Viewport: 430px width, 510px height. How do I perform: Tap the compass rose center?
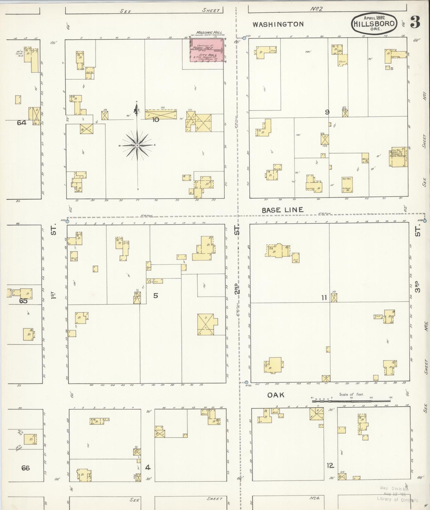[137, 146]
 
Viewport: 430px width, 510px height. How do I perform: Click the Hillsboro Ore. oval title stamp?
[374, 24]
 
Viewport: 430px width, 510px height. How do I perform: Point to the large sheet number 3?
[415, 22]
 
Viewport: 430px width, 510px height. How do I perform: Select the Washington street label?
[278, 24]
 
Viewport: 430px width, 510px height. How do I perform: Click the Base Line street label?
[282, 210]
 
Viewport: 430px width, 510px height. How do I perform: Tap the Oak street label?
[276, 395]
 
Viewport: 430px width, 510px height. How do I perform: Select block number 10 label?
[156, 120]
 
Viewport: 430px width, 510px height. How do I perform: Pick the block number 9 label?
[327, 112]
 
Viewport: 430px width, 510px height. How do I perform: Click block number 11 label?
[324, 297]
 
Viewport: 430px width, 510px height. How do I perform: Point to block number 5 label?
[155, 295]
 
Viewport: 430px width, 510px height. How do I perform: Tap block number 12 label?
[330, 466]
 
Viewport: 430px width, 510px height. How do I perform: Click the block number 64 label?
[21, 123]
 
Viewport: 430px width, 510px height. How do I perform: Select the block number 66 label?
[25, 468]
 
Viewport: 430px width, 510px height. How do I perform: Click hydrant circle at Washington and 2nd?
[244, 38]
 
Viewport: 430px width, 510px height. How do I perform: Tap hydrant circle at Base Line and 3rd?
[425, 220]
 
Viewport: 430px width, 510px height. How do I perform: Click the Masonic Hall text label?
[209, 32]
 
